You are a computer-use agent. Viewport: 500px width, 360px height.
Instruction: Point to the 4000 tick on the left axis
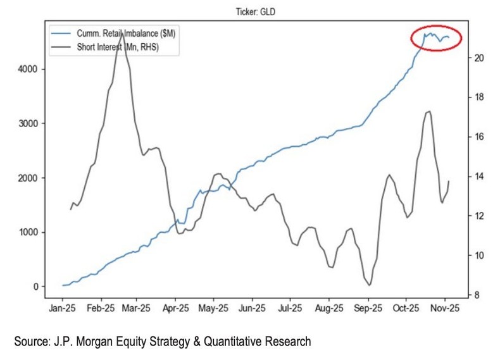click(x=27, y=69)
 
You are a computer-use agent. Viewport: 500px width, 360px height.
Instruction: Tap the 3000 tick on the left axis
click(x=27, y=123)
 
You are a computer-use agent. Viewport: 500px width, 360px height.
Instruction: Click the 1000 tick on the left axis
click(x=27, y=232)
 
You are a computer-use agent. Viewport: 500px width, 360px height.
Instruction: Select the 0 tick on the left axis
click(x=36, y=287)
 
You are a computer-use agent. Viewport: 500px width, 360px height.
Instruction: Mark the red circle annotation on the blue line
click(x=436, y=39)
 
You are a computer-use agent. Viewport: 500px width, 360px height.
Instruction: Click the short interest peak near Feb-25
click(x=121, y=33)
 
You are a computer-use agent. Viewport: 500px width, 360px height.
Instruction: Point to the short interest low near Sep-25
click(x=370, y=285)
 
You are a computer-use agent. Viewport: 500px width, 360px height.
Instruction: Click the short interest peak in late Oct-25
click(x=429, y=111)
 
